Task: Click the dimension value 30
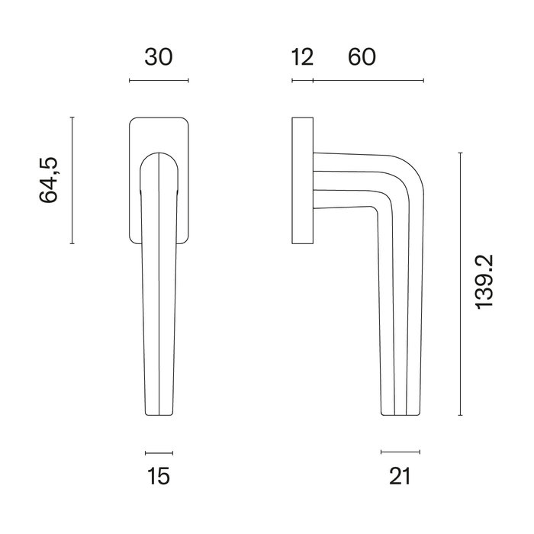point(159,57)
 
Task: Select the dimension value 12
point(302,57)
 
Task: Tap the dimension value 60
point(362,57)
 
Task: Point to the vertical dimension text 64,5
point(49,181)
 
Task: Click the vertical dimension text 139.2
point(484,282)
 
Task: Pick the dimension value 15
point(159,477)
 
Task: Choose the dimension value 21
point(400,477)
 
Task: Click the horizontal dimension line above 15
point(159,452)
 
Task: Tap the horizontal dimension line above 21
point(400,452)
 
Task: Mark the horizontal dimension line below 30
point(159,80)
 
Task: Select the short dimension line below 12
point(302,80)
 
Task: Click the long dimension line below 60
point(368,80)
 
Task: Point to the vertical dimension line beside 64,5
point(72,181)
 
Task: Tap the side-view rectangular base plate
point(302,181)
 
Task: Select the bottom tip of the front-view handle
point(159,413)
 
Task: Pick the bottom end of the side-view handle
point(400,413)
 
